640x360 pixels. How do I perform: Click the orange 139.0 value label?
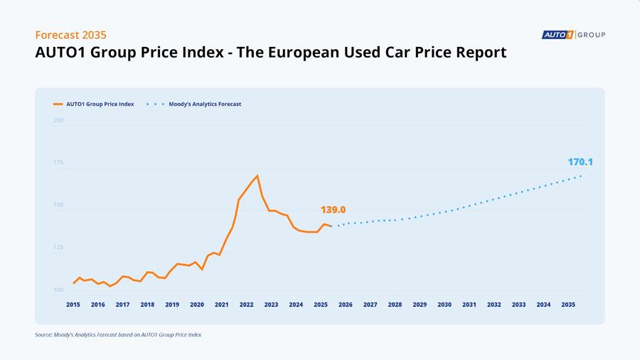[x=333, y=210]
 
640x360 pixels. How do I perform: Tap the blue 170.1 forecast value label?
[x=580, y=162]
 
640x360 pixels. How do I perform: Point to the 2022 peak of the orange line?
[x=257, y=176]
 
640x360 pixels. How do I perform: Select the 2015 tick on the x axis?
[x=73, y=305]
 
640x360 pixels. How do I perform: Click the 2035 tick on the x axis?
[x=568, y=305]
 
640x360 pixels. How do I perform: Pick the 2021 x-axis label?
[x=222, y=305]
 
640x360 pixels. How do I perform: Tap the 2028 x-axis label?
[x=395, y=305]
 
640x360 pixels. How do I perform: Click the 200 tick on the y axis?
[x=58, y=120]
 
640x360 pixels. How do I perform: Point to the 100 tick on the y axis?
[x=58, y=290]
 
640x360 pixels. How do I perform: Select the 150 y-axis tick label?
[x=58, y=205]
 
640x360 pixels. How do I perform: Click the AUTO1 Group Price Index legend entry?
[x=93, y=104]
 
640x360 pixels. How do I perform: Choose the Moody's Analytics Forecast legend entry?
[x=194, y=104]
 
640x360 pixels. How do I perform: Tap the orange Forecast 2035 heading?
[x=70, y=35]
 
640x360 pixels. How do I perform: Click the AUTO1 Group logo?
[x=573, y=35]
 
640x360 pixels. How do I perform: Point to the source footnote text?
[x=118, y=334]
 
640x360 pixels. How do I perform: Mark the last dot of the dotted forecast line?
[x=580, y=176]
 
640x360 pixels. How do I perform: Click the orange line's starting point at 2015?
[x=73, y=283]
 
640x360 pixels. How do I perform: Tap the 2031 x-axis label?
[x=469, y=305]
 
